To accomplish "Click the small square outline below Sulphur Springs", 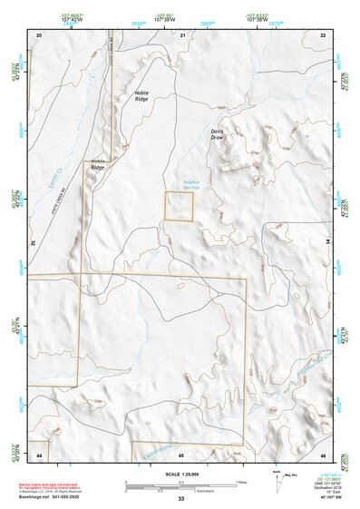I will tap(179, 205).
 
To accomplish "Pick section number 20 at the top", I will tap(39, 34).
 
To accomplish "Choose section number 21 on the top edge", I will tap(183, 34).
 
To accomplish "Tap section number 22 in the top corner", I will tap(323, 34).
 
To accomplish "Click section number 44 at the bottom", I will tap(39, 454).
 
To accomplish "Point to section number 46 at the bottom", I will tap(323, 454).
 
